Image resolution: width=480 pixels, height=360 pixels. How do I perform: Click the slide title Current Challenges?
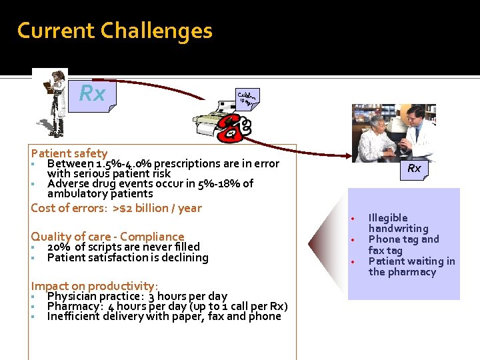(x=115, y=31)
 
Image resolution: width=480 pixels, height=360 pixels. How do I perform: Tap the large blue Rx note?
(x=93, y=94)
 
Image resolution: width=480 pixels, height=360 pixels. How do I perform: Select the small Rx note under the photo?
(x=414, y=169)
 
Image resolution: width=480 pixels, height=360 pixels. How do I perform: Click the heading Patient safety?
(x=69, y=153)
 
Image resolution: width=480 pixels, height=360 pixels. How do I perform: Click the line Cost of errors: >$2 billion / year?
(x=116, y=208)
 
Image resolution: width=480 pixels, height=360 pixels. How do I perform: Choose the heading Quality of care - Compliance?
(x=107, y=237)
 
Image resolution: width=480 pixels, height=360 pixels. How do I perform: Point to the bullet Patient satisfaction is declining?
(x=127, y=257)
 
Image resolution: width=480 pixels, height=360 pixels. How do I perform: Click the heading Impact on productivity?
(x=95, y=287)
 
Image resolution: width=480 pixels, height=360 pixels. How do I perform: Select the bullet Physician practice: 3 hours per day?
(x=137, y=296)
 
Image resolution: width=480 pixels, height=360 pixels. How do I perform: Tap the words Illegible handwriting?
(x=398, y=223)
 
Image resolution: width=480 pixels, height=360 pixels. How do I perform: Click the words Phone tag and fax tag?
(x=404, y=245)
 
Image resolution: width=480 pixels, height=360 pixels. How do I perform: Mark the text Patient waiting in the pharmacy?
(x=411, y=267)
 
